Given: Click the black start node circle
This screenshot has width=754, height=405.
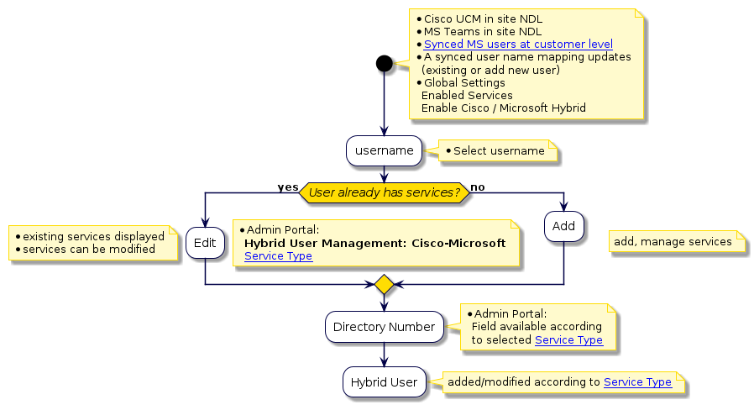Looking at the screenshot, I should tap(385, 63).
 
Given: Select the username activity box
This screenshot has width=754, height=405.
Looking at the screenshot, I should tap(384, 151).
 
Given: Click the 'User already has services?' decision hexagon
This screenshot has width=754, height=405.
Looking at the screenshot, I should tap(385, 192).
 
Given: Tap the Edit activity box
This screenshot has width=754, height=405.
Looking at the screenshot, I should tap(205, 243).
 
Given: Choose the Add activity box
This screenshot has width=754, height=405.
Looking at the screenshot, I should tap(563, 227).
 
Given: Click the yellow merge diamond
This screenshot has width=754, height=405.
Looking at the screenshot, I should tap(385, 285).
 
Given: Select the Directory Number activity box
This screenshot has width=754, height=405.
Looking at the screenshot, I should tap(384, 327).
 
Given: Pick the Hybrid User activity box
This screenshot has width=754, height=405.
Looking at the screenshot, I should tap(384, 382).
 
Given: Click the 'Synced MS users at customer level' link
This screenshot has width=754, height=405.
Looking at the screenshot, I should tap(518, 44).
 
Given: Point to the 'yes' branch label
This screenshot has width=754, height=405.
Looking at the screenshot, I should tap(287, 187).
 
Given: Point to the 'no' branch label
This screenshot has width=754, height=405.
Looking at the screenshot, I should tap(477, 187).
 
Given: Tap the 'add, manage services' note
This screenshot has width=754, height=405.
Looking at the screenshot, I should tap(673, 242).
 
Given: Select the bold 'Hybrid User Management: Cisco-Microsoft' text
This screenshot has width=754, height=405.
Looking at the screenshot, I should tap(374, 243).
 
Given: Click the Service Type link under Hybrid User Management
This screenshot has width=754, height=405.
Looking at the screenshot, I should tap(278, 256).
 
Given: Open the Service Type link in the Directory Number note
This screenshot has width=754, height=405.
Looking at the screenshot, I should tap(568, 340).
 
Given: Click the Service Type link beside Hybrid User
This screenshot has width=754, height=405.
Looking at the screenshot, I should tap(637, 382).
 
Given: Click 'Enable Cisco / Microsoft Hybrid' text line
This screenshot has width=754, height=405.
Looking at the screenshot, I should tap(503, 108).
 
